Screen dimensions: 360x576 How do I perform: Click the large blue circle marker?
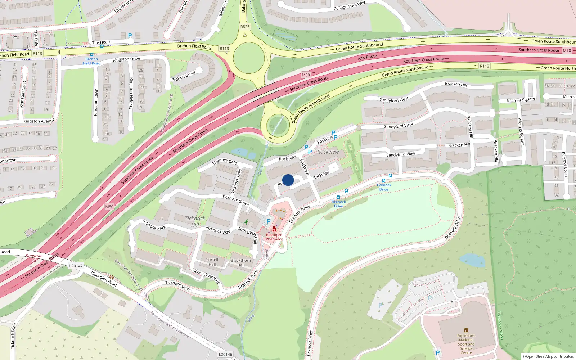288,180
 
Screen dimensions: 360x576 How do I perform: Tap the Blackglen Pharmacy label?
274,237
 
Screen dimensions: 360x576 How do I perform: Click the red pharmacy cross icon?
274,229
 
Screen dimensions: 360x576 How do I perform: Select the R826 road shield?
245,27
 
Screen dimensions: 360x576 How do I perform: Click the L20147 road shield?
76,266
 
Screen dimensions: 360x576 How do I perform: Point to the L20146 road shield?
225,354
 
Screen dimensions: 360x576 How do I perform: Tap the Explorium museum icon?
466,330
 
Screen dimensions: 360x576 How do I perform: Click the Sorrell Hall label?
212,262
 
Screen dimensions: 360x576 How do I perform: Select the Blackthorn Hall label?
241,262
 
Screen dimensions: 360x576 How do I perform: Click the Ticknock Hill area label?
195,221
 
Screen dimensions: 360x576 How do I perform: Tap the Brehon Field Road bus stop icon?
91,54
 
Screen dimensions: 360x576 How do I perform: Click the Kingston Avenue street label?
39,121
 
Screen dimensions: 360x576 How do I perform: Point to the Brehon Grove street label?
184,76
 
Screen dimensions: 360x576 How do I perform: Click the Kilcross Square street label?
521,100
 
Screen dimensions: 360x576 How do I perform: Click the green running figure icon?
246,222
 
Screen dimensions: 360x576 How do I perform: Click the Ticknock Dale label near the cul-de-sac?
225,161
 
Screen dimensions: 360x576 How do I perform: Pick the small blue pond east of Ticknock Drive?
472,260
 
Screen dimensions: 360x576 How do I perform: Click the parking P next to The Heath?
130,36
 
